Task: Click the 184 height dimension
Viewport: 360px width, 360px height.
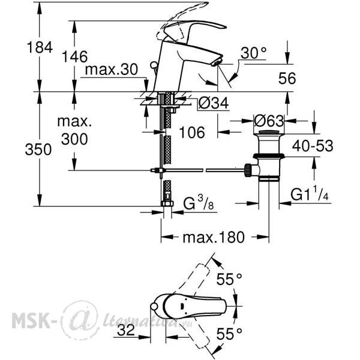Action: click(40, 47)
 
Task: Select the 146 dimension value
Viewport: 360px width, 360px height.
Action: click(75, 56)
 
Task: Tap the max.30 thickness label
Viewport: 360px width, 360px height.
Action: click(112, 70)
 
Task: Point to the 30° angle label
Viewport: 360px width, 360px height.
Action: click(253, 53)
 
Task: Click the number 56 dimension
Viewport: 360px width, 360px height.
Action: click(287, 78)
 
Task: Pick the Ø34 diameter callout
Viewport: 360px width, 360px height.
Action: click(214, 103)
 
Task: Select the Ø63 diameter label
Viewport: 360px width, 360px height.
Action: click(269, 121)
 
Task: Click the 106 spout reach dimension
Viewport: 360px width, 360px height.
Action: click(192, 133)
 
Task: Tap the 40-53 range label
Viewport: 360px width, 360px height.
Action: click(313, 146)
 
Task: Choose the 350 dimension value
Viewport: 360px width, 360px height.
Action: click(38, 149)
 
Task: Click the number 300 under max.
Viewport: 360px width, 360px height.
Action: click(74, 139)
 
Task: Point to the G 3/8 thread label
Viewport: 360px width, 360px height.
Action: click(199, 203)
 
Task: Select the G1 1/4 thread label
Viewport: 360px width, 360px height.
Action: click(310, 194)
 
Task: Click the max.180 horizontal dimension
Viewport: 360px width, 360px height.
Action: click(214, 238)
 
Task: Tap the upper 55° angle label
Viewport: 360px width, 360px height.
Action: click(229, 280)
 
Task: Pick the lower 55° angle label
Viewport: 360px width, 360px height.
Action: click(229, 334)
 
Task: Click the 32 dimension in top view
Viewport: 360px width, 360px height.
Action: click(126, 331)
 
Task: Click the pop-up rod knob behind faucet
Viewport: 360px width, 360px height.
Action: click(153, 65)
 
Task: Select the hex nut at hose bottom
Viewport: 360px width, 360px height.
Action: click(167, 203)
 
